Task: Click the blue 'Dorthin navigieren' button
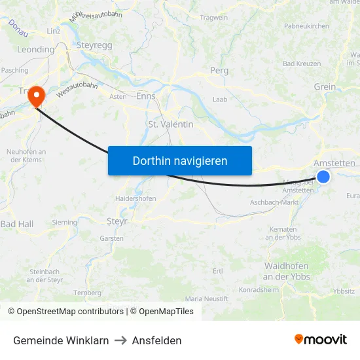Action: tap(180, 160)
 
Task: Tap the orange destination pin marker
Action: tap(35, 97)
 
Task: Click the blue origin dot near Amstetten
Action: tap(323, 176)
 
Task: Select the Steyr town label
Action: tap(117, 221)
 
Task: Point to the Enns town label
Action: tap(146, 96)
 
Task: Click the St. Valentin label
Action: tap(171, 124)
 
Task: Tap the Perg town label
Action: tap(219, 70)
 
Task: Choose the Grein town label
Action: tap(325, 86)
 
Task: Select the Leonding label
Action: tap(35, 49)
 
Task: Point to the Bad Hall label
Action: tap(16, 224)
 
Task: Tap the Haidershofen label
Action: tap(135, 198)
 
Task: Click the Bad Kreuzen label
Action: tap(302, 63)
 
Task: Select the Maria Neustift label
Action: tap(207, 298)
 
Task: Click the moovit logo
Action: tap(321, 339)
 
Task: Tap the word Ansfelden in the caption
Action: tap(156, 340)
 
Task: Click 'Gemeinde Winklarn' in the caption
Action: tap(61, 340)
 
